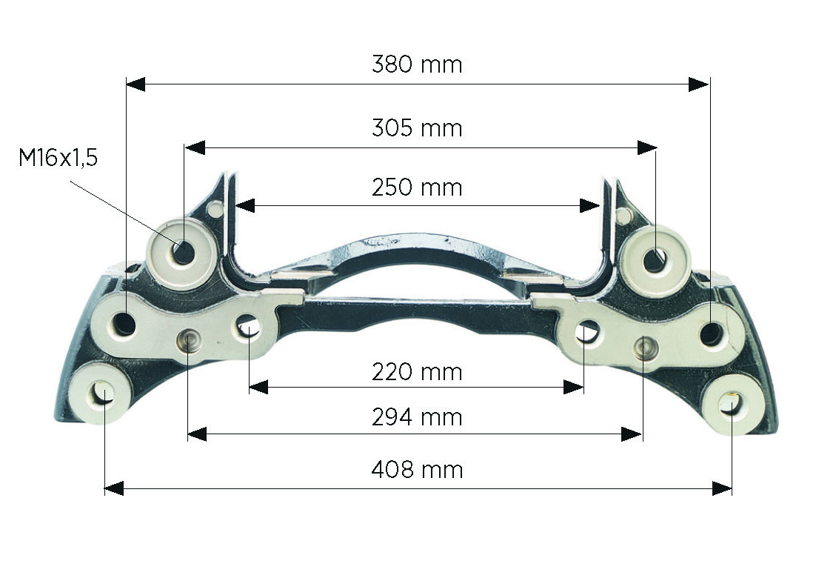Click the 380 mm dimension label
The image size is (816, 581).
(417, 65)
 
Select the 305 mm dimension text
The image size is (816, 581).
(417, 129)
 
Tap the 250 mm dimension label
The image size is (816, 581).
(417, 188)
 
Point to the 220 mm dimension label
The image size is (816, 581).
(417, 373)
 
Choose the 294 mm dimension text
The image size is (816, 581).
(417, 418)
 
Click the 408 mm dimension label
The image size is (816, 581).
(417, 471)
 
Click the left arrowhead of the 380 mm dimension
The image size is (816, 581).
(136, 84)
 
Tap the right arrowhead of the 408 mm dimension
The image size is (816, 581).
(722, 489)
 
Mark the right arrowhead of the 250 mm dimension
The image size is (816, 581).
(589, 206)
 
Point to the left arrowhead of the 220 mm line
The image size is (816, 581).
(258, 388)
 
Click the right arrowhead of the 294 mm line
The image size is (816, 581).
(632, 434)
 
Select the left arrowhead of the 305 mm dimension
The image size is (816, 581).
(195, 148)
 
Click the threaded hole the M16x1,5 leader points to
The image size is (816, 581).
(183, 253)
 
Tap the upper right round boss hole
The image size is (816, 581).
(654, 260)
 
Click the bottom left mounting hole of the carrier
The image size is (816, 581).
(102, 394)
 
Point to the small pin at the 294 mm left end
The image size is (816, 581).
(188, 340)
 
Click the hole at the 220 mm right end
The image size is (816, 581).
(587, 332)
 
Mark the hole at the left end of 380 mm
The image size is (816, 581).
(124, 325)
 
